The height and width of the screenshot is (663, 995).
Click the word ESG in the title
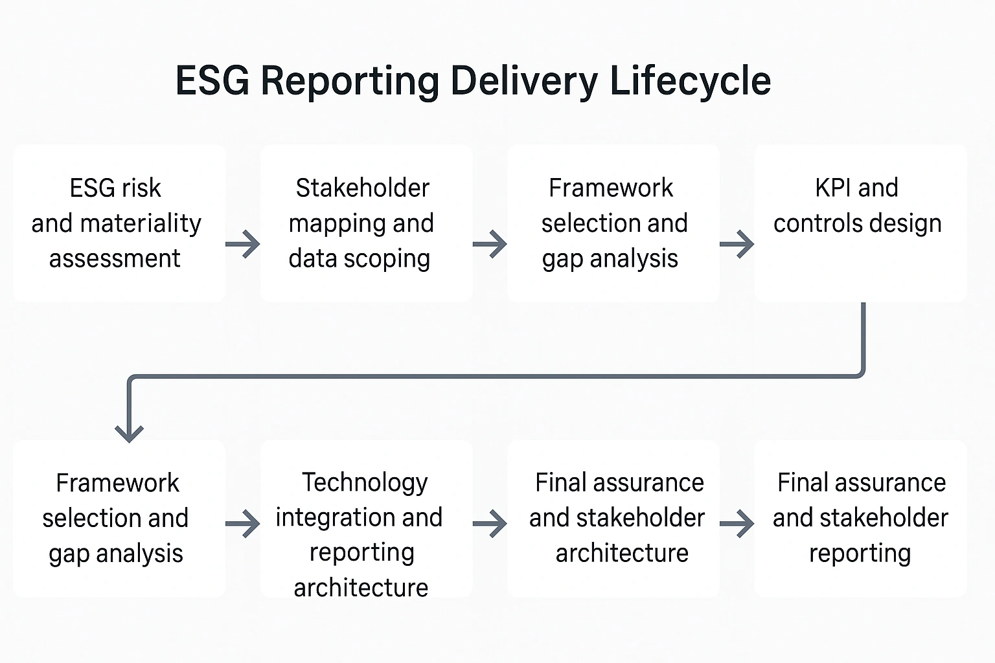tap(212, 81)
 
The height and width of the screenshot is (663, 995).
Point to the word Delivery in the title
tap(524, 81)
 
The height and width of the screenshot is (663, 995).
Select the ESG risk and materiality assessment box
tap(119, 223)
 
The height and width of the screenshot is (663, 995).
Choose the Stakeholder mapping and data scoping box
tap(366, 223)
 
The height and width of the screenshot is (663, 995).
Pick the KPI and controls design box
tap(860, 223)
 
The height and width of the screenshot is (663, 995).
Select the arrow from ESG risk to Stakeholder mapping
tap(243, 244)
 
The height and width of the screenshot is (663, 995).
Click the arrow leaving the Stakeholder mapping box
tap(490, 244)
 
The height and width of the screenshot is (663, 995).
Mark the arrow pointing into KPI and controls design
tap(737, 244)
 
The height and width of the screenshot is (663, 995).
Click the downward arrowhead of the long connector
tap(129, 431)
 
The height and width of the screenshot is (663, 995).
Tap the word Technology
tap(365, 482)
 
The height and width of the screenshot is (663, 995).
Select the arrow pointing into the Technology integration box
tap(243, 524)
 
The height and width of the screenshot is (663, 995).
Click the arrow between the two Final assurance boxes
tap(737, 524)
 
